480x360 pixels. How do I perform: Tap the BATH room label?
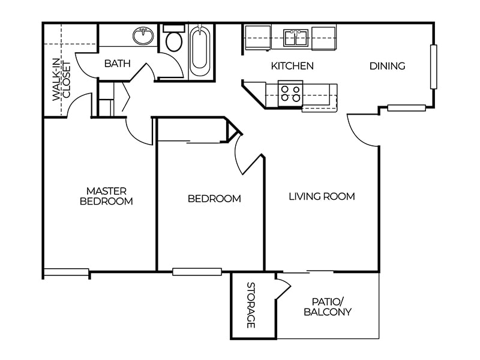pyautogui.click(x=117, y=63)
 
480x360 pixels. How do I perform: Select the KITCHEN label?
pyautogui.click(x=292, y=65)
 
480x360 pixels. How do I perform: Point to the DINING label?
pyautogui.click(x=387, y=65)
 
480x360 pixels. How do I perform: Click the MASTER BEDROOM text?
pyautogui.click(x=106, y=196)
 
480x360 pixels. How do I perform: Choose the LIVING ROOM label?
pyautogui.click(x=322, y=196)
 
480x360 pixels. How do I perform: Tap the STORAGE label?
pyautogui.click(x=251, y=305)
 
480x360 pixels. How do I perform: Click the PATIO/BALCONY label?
pyautogui.click(x=327, y=307)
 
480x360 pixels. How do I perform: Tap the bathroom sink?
pyautogui.click(x=142, y=37)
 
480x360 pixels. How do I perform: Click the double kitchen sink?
pyautogui.click(x=296, y=38)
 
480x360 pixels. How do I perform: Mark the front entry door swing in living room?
pyautogui.click(x=362, y=130)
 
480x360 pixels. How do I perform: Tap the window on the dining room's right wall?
pyautogui.click(x=433, y=67)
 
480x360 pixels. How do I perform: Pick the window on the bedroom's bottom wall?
pyautogui.click(x=197, y=272)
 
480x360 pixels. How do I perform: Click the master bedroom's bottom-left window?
pyautogui.click(x=66, y=272)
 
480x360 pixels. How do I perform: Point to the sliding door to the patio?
pyautogui.click(x=308, y=272)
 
